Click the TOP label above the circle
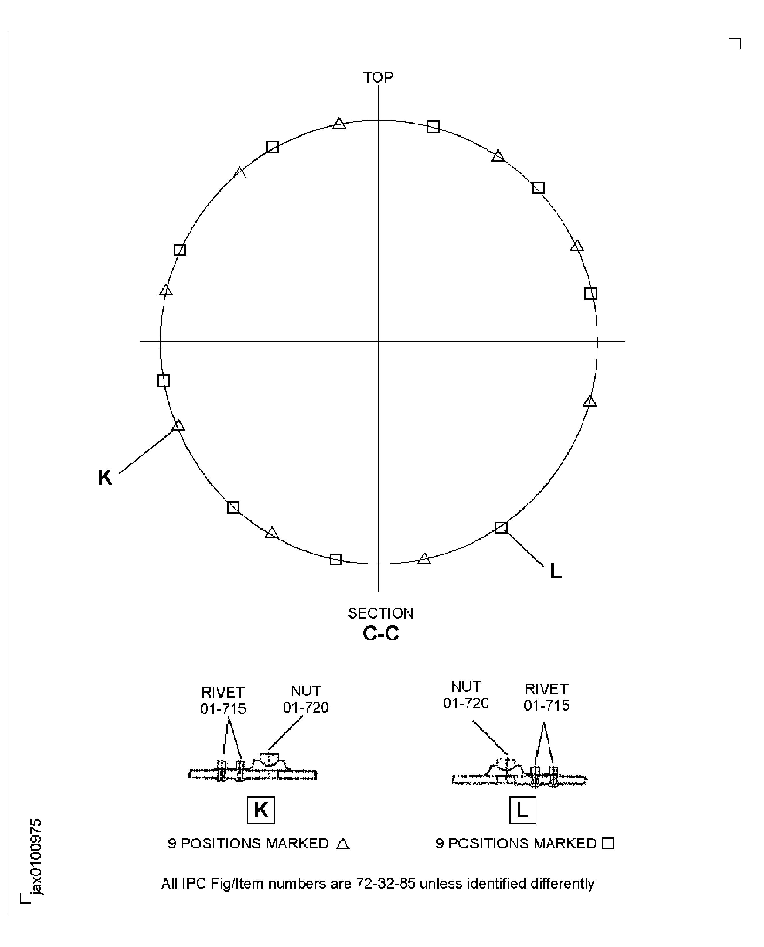(x=378, y=77)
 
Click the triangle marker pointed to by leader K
(x=178, y=425)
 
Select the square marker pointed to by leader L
(x=501, y=527)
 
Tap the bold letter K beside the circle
(x=105, y=477)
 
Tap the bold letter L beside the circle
(x=555, y=571)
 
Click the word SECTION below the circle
(x=381, y=613)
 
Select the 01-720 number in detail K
(x=306, y=708)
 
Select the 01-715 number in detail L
(x=547, y=706)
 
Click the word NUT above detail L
(x=466, y=687)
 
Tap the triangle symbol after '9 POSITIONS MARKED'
(x=343, y=844)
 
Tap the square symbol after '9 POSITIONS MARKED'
(x=608, y=844)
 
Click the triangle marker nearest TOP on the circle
(x=339, y=124)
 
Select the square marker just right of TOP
(x=433, y=127)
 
